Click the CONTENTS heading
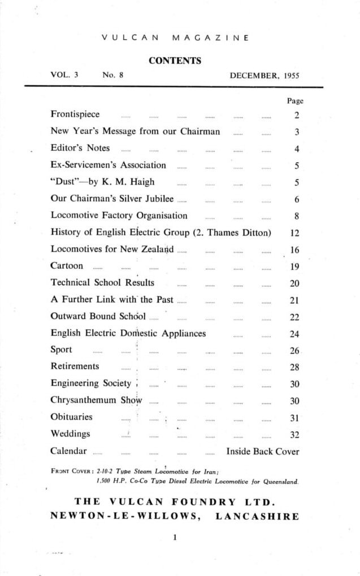pos(175,60)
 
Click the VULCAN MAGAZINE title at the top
pos(175,38)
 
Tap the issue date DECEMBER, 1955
pos(264,75)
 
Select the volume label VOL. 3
pos(64,75)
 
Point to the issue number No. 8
pos(112,75)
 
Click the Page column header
pos(295,101)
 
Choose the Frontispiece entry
pos(75,115)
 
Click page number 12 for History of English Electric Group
pos(294,232)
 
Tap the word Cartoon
pos(67,265)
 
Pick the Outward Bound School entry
pos(98,316)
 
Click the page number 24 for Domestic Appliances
pos(294,334)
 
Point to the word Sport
pos(61,350)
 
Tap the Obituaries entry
pos(71,417)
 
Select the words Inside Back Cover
pos(262,451)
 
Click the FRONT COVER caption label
pos(72,470)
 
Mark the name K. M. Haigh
pos(128,182)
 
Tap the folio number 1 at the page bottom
pos(175,538)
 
